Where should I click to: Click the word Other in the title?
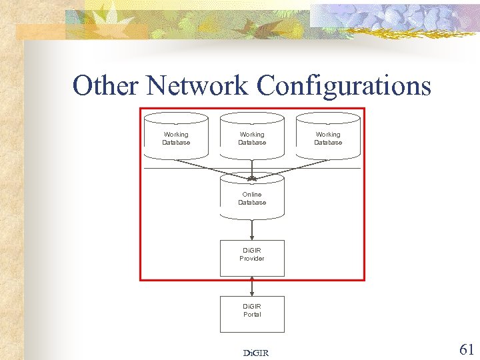click(x=107, y=86)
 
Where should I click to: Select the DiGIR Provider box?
click(x=252, y=257)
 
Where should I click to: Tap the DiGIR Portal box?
click(x=252, y=313)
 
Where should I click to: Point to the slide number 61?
click(x=467, y=349)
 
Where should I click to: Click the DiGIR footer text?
click(x=256, y=353)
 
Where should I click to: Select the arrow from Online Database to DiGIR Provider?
click(x=252, y=229)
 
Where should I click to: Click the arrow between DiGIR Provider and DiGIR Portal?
click(x=252, y=286)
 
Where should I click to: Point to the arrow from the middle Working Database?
click(x=252, y=168)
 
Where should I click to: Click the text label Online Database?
click(x=252, y=199)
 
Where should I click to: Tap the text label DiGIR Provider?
click(x=252, y=255)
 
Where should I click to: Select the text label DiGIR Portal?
click(x=252, y=311)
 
